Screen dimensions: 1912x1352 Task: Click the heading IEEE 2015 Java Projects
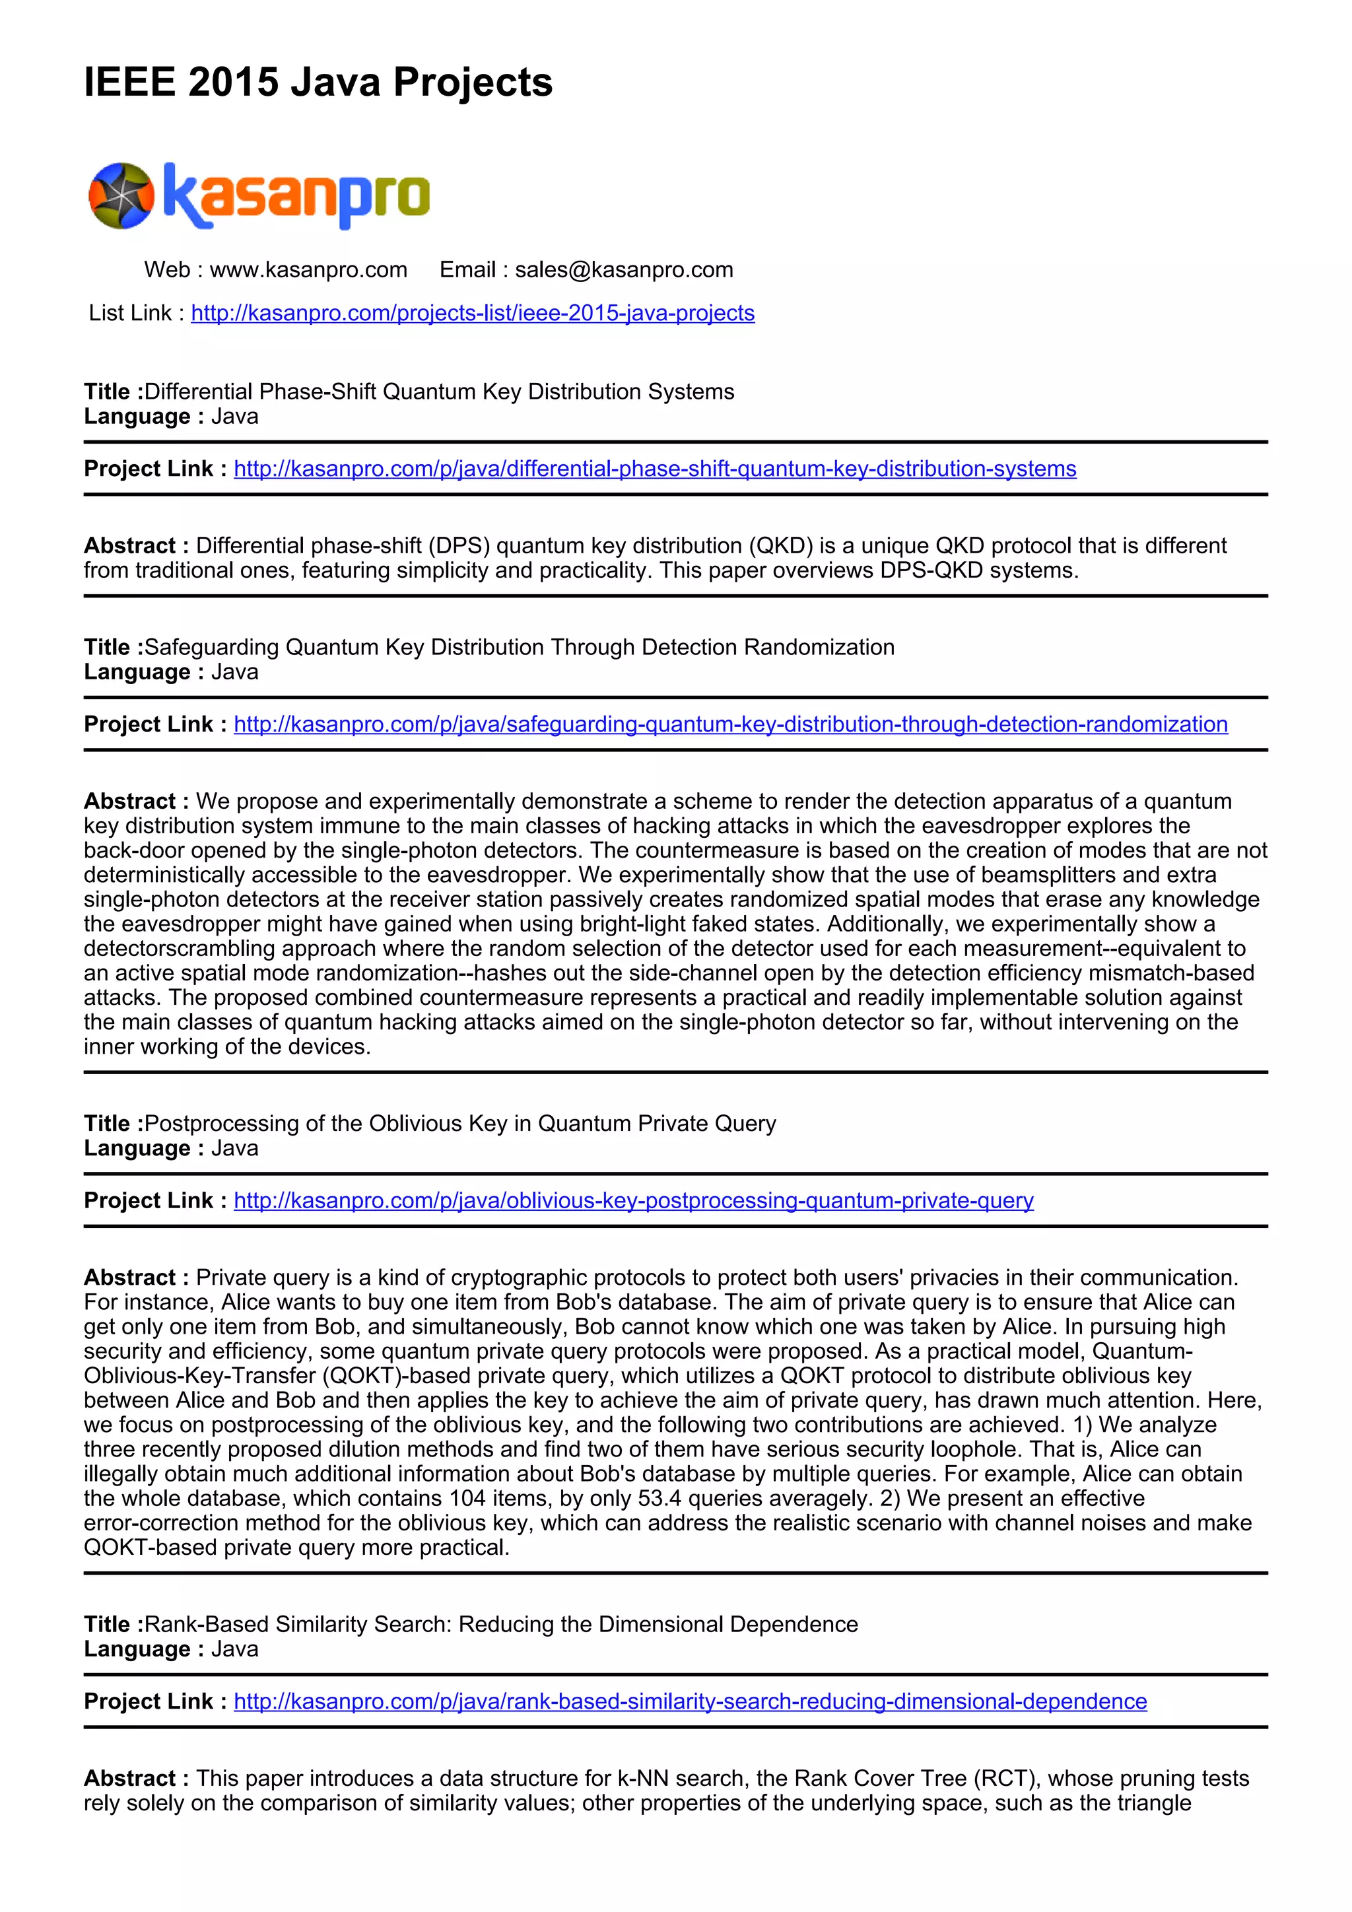click(318, 83)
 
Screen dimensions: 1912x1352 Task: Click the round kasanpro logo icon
click(121, 195)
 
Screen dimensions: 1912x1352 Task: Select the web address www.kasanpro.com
click(308, 270)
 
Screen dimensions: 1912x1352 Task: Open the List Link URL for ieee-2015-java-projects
click(472, 313)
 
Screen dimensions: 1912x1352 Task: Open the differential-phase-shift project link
click(654, 469)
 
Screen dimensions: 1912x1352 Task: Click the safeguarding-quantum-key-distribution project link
click(730, 724)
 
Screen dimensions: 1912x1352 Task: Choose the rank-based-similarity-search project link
click(689, 1701)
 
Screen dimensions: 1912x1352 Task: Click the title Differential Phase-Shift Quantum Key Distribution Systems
click(439, 392)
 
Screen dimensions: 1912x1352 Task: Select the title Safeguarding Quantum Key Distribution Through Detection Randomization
click(519, 647)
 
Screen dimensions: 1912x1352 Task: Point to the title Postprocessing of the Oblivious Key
click(459, 1124)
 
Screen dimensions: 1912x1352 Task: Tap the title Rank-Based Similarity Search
click(500, 1624)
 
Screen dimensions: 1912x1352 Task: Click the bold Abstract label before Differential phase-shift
click(130, 545)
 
